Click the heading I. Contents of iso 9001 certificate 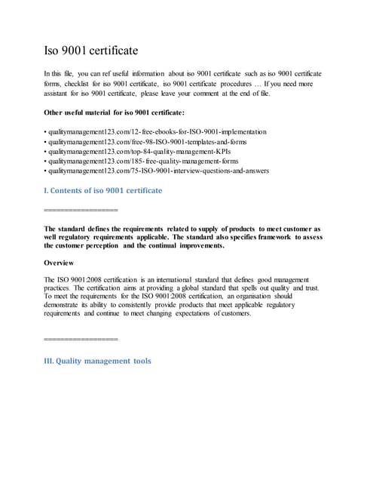tap(103, 191)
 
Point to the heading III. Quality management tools tap(98, 361)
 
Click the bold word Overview tap(59, 263)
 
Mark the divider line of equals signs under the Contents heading tap(81, 209)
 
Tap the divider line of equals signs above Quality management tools tap(81, 340)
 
